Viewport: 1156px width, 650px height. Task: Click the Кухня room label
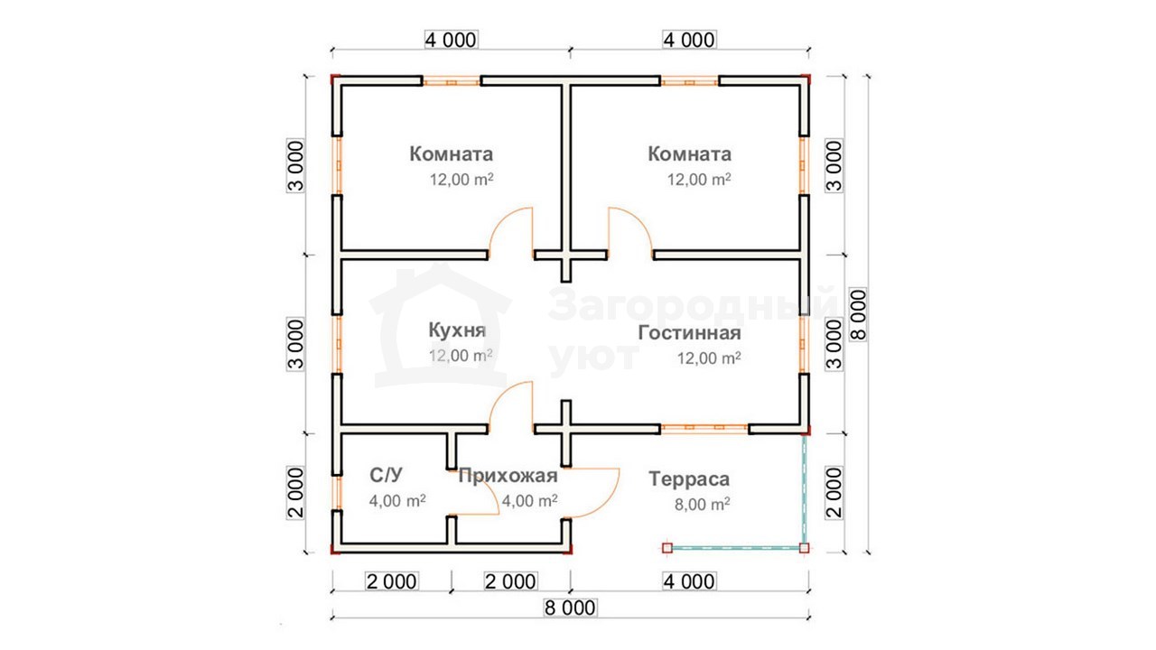point(457,330)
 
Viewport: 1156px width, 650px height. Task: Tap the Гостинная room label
point(689,333)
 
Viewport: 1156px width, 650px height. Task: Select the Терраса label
point(689,479)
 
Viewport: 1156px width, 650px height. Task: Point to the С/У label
point(386,475)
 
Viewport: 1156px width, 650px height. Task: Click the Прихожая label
point(508,476)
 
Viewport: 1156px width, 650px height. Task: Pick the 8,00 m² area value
point(703,504)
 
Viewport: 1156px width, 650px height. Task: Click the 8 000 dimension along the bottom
point(570,608)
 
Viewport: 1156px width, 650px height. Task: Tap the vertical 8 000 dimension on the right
point(858,315)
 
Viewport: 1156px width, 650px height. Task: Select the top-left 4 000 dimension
point(451,40)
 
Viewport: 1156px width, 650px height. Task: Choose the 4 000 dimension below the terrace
point(689,581)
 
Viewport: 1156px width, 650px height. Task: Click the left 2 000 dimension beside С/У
point(295,493)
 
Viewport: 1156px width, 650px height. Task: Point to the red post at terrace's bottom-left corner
point(667,548)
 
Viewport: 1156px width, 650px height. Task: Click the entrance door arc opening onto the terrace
point(605,503)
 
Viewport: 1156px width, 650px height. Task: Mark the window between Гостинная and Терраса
point(704,427)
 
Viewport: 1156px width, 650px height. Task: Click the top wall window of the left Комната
point(452,81)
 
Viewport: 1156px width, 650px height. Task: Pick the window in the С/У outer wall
point(338,493)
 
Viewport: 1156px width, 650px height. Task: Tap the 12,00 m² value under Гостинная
point(709,358)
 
